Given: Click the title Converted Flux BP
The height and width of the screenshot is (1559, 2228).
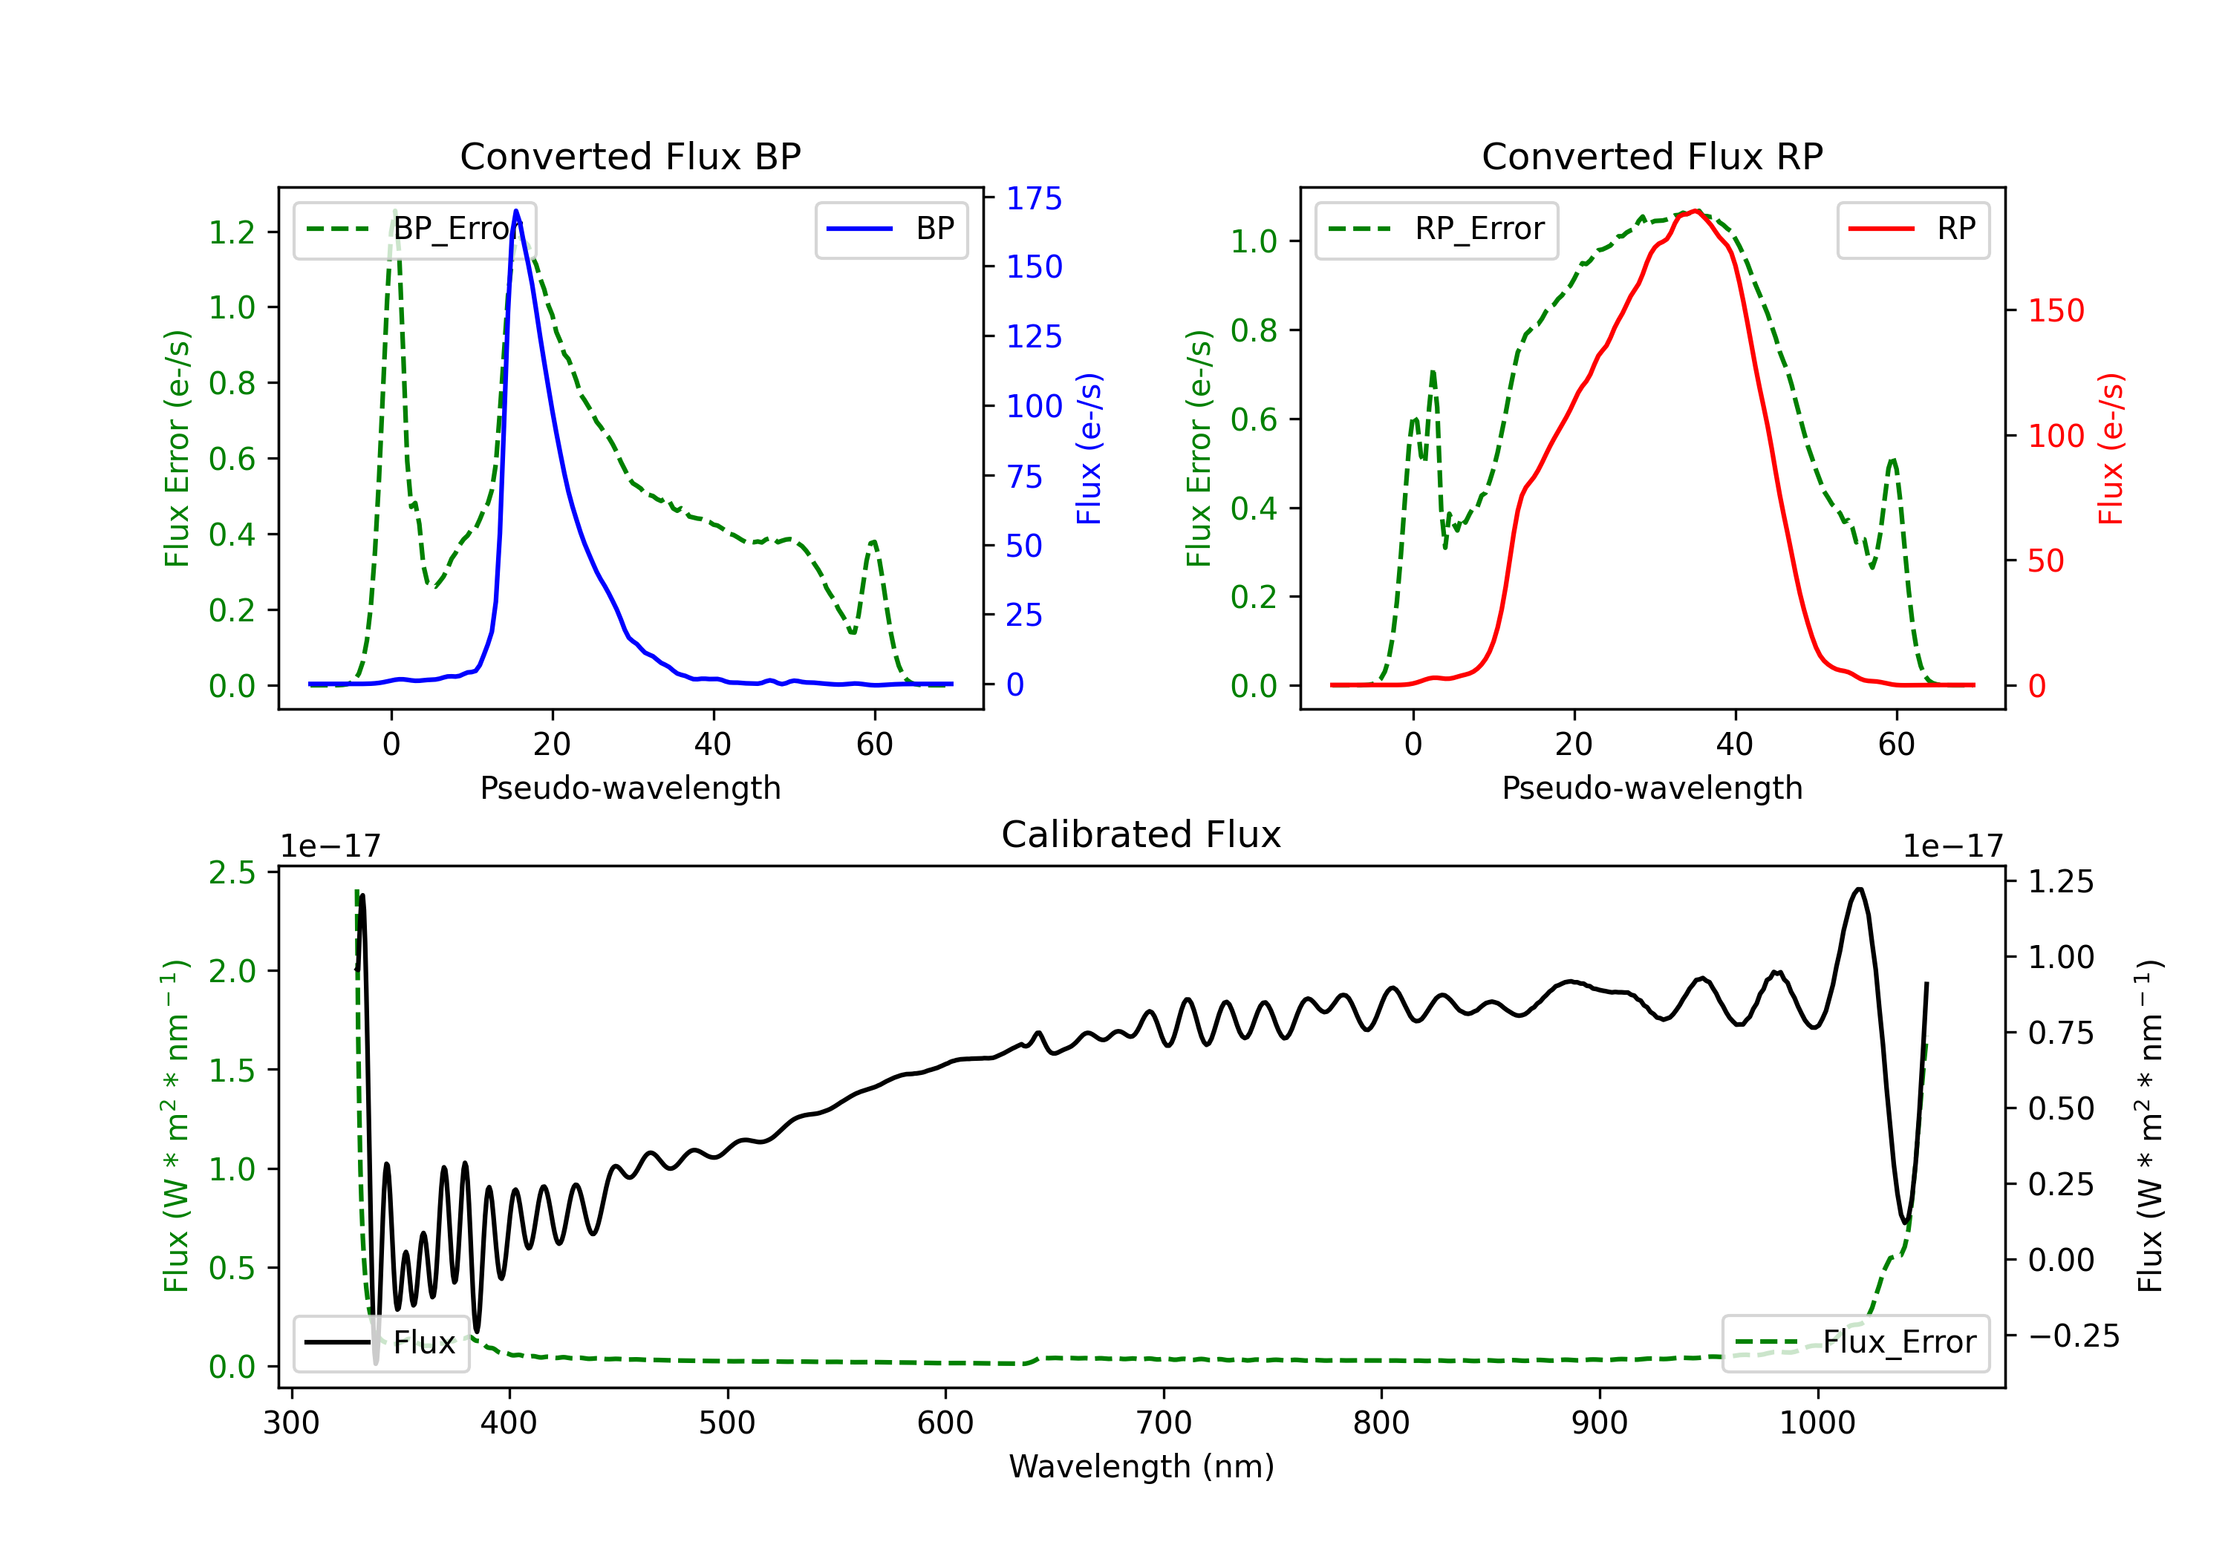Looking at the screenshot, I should click(x=630, y=156).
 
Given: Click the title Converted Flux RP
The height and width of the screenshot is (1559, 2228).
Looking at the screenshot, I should click(x=1652, y=156).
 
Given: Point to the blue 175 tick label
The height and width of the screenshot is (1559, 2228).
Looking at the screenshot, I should click(x=1034, y=198).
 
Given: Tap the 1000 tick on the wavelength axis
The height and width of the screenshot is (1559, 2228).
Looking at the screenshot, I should click(x=1817, y=1422).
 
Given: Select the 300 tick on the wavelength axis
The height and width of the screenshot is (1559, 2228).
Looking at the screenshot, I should click(x=291, y=1422).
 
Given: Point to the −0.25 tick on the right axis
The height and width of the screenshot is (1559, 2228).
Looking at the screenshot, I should click(x=2074, y=1336).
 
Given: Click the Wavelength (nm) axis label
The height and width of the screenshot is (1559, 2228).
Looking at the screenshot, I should click(x=1141, y=1466).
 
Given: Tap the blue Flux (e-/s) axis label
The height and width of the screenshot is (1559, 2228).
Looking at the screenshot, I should click(x=1089, y=448).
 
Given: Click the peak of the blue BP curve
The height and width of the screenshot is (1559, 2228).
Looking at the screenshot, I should click(x=516, y=211).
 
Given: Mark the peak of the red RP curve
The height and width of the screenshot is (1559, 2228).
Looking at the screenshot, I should click(x=1694, y=211).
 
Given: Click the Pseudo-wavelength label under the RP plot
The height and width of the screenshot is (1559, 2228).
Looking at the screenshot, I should click(x=1652, y=788).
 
